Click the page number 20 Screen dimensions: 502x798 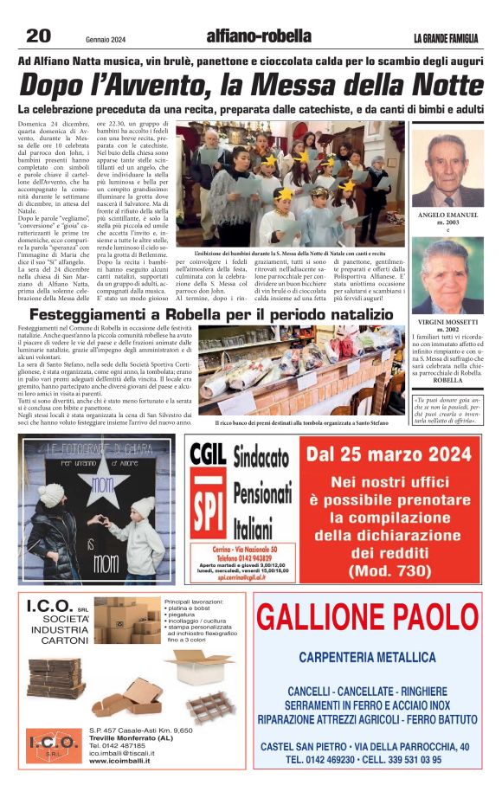38,35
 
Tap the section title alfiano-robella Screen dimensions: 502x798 259,36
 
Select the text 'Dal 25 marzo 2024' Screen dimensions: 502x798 389,455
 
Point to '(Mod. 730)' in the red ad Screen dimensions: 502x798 389,571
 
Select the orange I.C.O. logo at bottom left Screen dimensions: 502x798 55,743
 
